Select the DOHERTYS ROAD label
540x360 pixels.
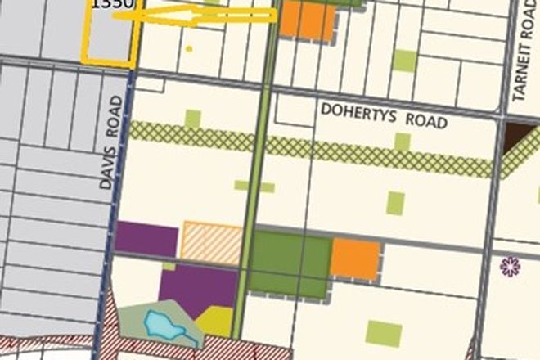coord(385,115)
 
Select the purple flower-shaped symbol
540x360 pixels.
coord(511,266)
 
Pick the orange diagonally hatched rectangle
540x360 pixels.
coord(211,243)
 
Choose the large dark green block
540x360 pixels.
coord(290,262)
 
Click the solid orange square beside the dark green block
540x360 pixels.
coord(356,259)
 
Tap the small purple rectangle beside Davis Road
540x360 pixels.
coord(146,239)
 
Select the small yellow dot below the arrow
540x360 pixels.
coord(189,49)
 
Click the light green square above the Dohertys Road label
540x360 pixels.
coord(403,60)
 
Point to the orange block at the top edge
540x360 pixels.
coord(307,20)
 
